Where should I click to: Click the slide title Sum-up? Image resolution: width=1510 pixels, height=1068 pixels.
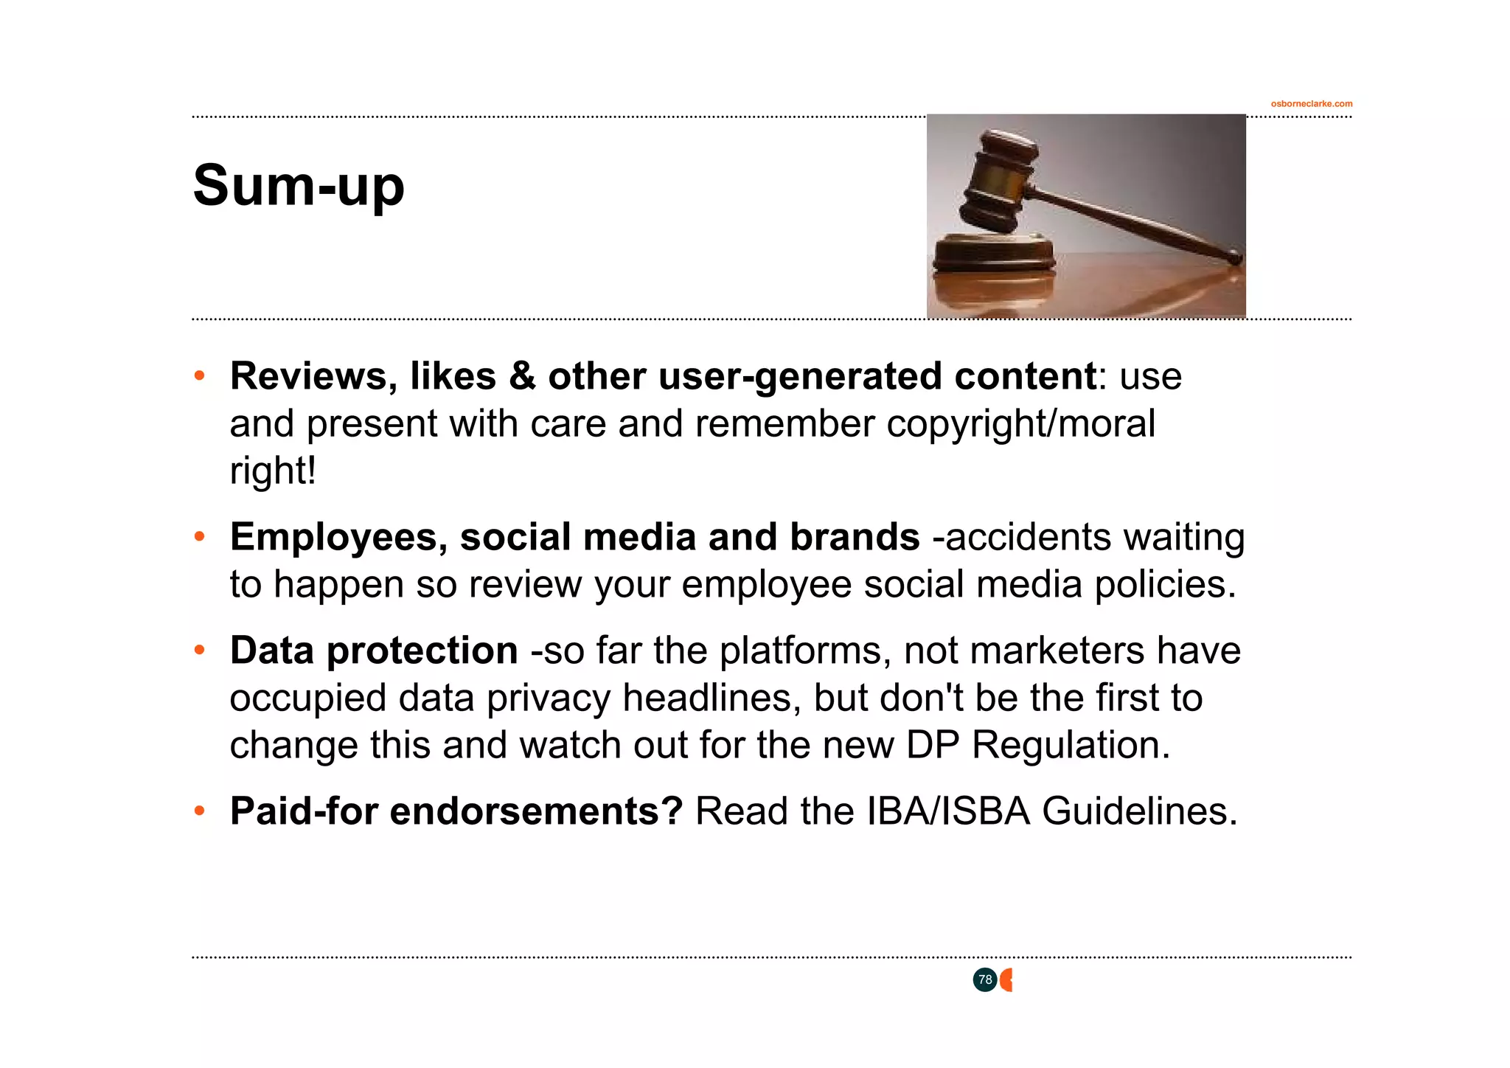point(299,186)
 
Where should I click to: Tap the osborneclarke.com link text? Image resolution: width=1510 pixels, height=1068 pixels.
point(1311,104)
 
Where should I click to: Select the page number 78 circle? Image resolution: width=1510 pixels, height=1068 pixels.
point(984,980)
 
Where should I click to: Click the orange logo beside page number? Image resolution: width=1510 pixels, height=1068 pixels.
point(1006,980)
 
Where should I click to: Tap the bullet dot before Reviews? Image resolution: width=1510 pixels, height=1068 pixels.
point(199,376)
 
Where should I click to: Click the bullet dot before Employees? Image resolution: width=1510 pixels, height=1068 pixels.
point(199,537)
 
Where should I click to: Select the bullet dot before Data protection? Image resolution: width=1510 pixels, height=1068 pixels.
point(199,651)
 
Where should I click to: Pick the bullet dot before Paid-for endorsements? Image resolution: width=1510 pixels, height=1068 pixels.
point(199,811)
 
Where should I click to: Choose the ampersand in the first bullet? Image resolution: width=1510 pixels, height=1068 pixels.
point(522,376)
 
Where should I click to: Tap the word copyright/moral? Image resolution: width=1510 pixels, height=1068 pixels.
point(1020,424)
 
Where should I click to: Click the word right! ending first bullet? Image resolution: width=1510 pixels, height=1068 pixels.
point(273,471)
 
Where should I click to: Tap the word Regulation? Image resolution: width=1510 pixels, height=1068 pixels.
point(1071,745)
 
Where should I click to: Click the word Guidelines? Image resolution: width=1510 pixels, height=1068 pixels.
point(1139,811)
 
